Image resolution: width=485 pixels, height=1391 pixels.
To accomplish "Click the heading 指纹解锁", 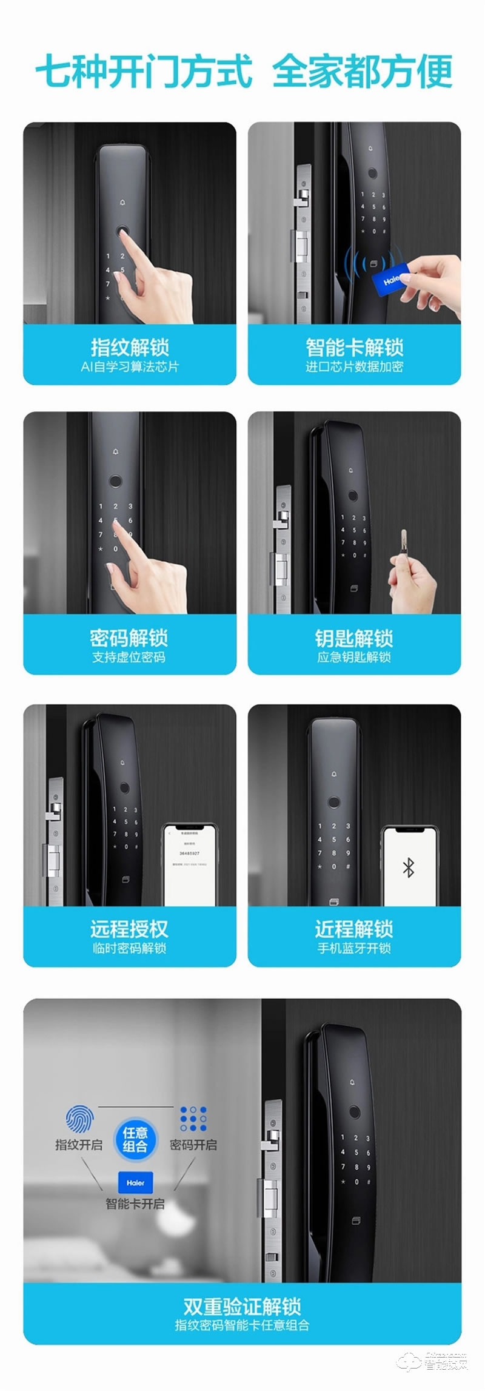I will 130,347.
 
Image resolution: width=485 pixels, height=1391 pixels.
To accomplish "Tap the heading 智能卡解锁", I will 354,347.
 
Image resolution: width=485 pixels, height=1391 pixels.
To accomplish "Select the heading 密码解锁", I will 129,638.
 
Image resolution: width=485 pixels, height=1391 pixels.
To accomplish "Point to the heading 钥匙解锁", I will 354,638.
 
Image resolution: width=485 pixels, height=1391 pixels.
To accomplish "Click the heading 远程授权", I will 129,929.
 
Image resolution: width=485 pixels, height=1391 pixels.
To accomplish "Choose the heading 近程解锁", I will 354,929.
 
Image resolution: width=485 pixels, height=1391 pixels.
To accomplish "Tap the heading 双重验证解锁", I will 242,1305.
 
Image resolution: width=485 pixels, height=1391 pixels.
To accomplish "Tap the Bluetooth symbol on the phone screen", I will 408,868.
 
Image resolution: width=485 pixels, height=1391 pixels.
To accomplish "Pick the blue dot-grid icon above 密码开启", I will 193,1119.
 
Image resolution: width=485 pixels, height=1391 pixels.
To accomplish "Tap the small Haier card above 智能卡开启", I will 135,1182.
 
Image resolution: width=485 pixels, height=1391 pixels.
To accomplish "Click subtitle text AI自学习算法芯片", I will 130,366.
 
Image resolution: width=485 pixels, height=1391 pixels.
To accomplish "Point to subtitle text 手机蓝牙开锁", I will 354,948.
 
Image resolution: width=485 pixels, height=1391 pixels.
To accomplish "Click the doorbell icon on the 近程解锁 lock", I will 333,774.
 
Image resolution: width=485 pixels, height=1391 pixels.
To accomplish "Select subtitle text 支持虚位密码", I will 129,657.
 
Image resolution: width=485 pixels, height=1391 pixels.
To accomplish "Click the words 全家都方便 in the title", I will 363,72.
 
